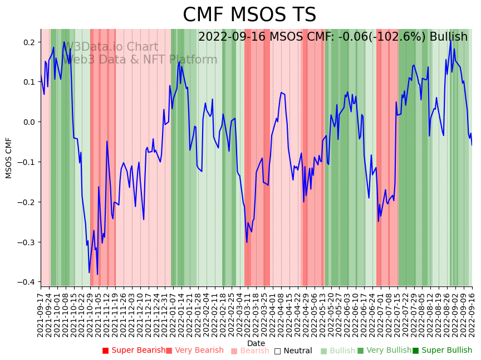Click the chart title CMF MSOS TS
[x=249, y=15]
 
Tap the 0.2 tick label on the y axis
[x=29, y=42]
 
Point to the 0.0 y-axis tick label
[x=29, y=122]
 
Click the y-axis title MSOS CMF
[x=9, y=158]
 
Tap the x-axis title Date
[x=256, y=344]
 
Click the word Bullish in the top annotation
[x=448, y=37]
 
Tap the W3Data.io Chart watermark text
[x=111, y=47]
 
